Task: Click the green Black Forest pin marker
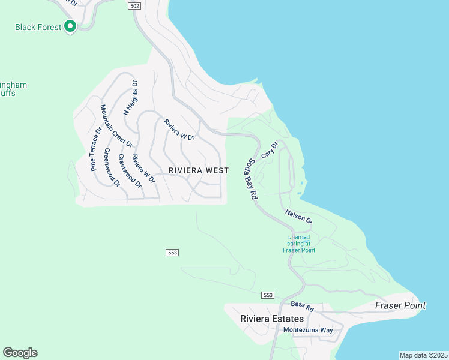click(x=70, y=26)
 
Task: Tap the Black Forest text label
click(x=38, y=27)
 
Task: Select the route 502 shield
click(x=134, y=5)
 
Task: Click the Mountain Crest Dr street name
click(x=116, y=125)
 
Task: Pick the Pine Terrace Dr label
click(x=95, y=149)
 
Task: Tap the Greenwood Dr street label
click(x=112, y=167)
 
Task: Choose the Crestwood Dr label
click(x=130, y=170)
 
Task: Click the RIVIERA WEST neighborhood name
click(x=198, y=170)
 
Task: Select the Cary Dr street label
click(x=270, y=151)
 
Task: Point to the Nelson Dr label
click(x=299, y=216)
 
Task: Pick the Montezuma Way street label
click(x=308, y=331)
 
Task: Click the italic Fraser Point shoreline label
click(x=400, y=305)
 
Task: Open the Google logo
click(x=20, y=353)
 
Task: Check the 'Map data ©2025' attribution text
click(x=424, y=355)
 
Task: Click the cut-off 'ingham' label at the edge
click(x=13, y=85)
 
